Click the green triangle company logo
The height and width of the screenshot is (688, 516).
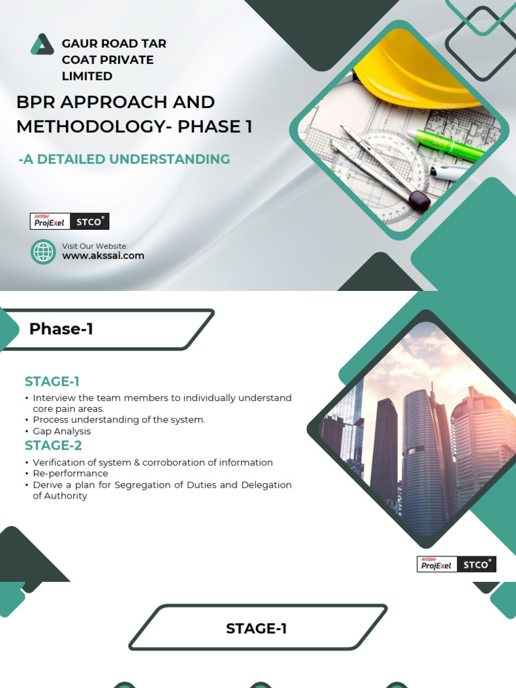click(42, 44)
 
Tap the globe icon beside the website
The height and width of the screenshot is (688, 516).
click(44, 252)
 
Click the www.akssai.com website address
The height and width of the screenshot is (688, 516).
click(103, 256)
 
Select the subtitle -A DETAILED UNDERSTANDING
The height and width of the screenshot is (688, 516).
click(124, 159)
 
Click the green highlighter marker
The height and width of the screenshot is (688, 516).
click(447, 145)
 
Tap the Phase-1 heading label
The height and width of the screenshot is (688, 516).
click(61, 329)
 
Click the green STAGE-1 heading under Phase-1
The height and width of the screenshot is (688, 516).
click(52, 382)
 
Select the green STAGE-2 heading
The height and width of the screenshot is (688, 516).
click(53, 445)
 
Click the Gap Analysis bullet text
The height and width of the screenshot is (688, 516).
click(61, 431)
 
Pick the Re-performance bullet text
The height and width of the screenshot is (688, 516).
click(70, 474)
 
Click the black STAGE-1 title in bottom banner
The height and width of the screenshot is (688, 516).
click(256, 629)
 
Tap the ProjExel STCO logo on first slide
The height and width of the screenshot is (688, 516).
click(70, 221)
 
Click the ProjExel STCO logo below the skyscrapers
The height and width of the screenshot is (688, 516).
click(456, 564)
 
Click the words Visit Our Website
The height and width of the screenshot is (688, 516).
click(95, 247)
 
